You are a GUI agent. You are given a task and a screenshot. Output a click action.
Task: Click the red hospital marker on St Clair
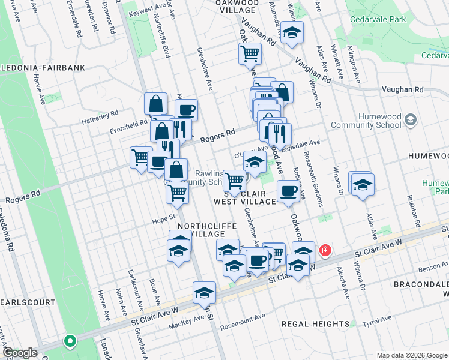click(325, 250)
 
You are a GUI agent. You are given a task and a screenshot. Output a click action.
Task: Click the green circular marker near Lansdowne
click(70, 341)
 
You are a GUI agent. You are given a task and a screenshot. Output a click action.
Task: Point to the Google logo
click(19, 353)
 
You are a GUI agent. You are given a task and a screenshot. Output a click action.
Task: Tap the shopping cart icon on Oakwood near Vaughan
click(249, 53)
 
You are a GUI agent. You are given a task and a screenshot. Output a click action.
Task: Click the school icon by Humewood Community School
click(411, 120)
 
